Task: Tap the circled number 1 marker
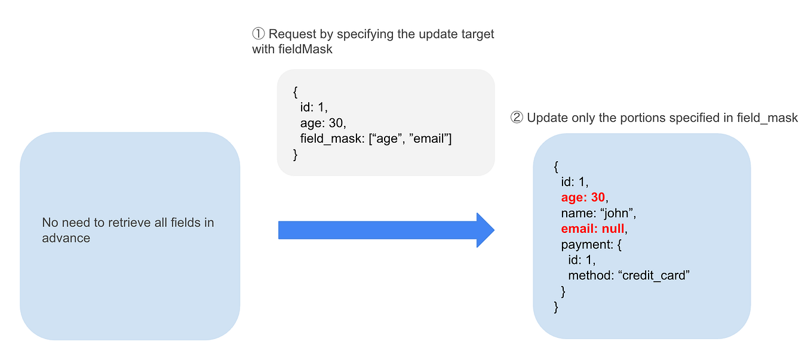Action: [259, 34]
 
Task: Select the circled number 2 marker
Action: [517, 118]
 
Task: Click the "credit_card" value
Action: [654, 275]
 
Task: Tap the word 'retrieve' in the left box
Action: [131, 223]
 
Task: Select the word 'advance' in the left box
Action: [66, 238]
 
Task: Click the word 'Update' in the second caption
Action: [545, 118]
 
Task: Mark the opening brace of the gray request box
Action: [295, 93]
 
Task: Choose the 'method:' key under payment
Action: [590, 275]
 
